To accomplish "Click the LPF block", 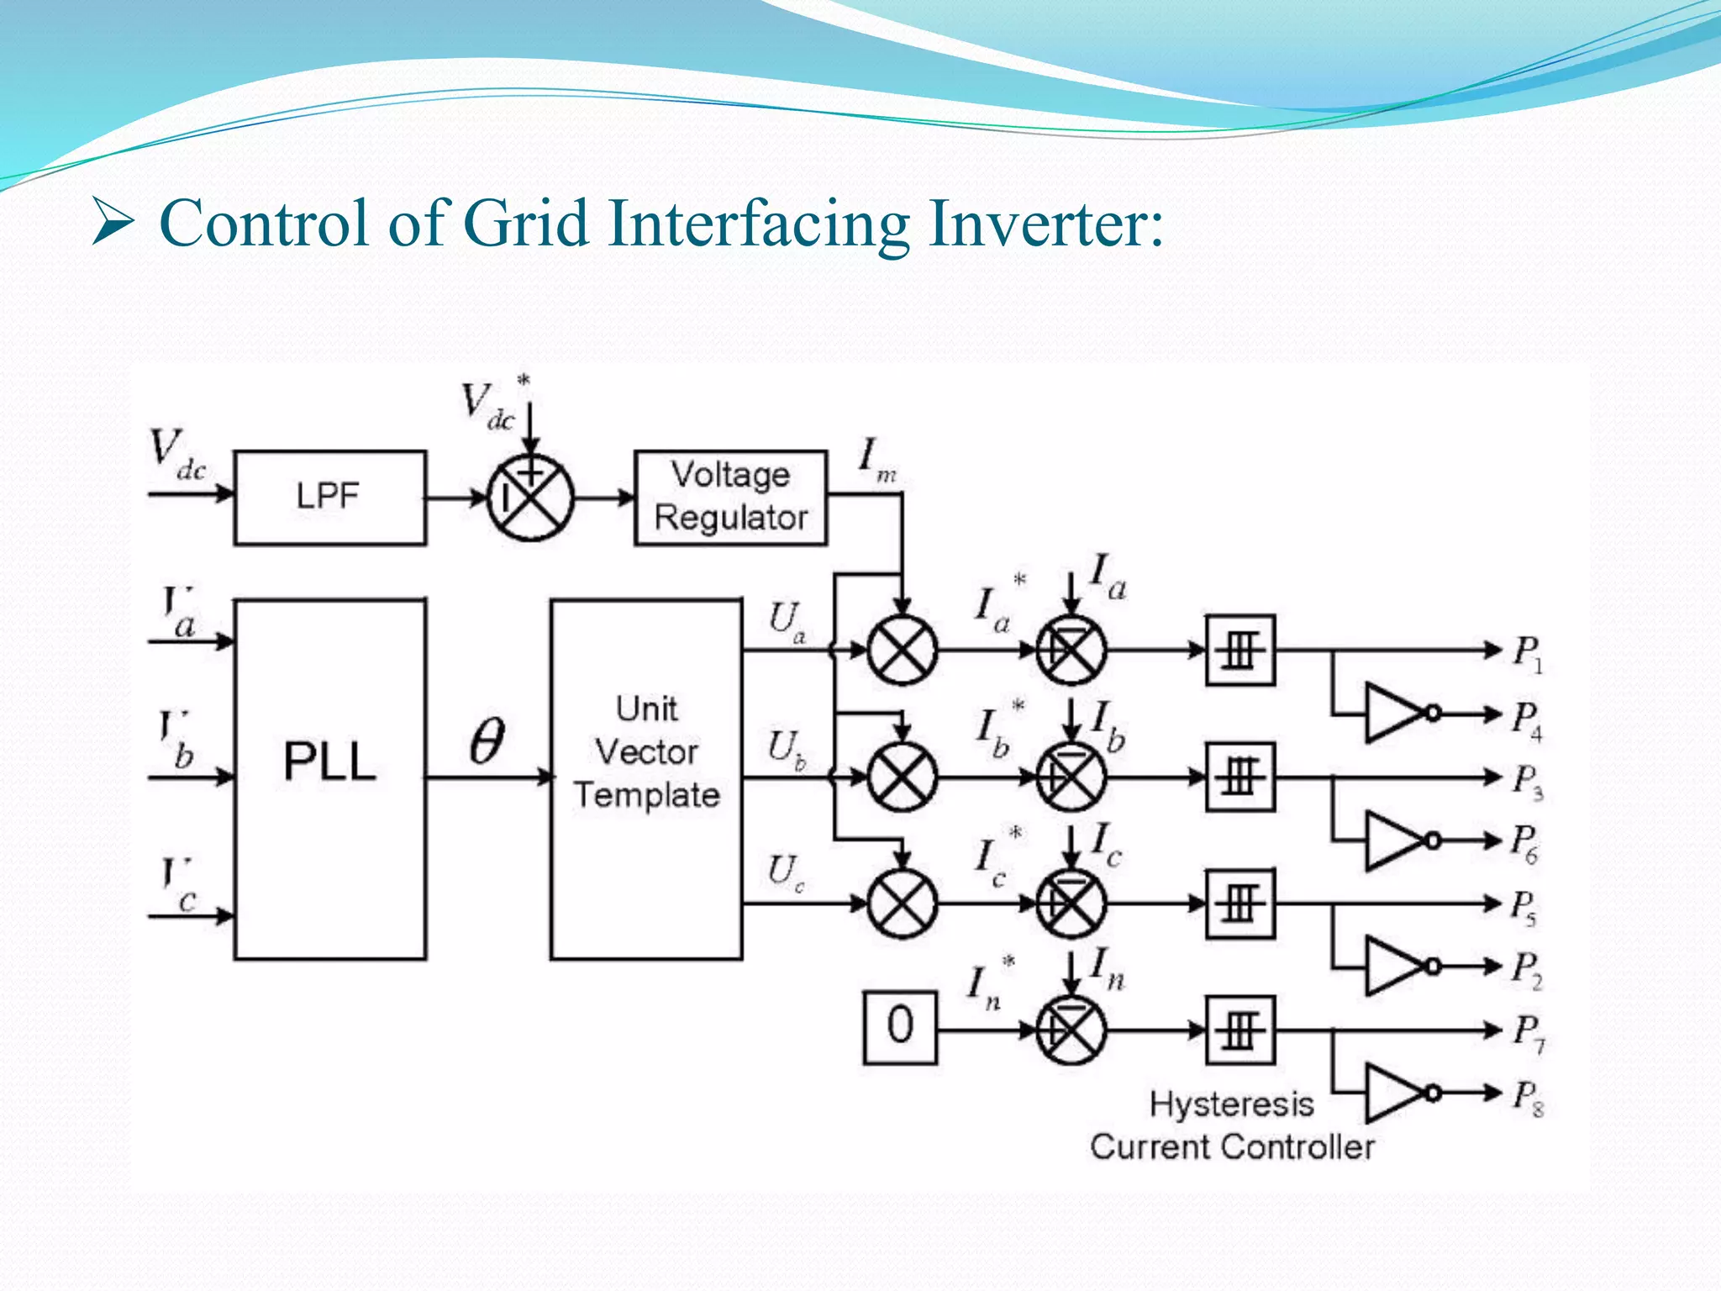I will point(329,498).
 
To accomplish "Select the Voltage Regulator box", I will point(730,498).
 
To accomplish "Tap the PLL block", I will point(329,778).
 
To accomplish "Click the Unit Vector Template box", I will point(646,778).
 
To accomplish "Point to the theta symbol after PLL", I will point(487,741).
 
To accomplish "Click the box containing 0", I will point(900,1027).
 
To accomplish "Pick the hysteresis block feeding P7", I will point(1240,1030).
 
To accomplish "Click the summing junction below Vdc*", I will point(530,498).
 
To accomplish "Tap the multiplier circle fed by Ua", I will point(902,650).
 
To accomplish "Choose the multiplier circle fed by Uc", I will point(902,904).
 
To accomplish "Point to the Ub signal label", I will point(786,749).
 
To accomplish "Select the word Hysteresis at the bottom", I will point(1231,1104).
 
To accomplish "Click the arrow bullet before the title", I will point(113,224).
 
